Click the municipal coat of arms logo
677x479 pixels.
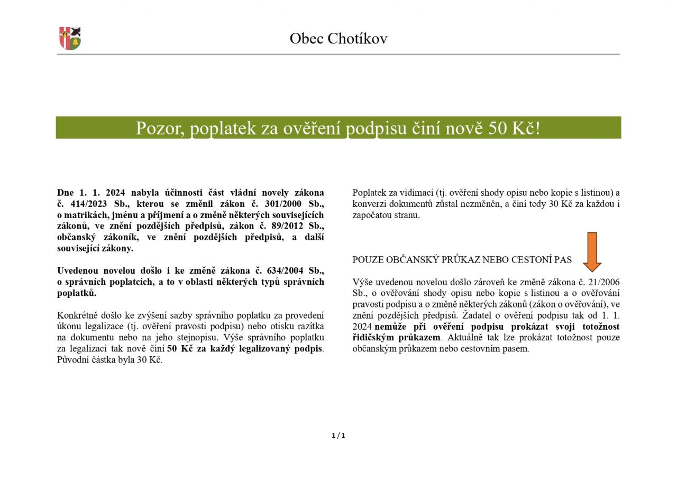coord(70,39)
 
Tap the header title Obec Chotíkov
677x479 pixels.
coord(338,39)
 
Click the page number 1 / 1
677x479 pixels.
coord(338,436)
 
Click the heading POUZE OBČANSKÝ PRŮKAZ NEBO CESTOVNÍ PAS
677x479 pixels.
coord(462,260)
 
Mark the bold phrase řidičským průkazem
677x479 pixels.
coord(396,338)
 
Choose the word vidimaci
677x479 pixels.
coord(416,193)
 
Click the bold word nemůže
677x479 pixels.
coord(392,327)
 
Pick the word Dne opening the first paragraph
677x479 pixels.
coord(65,193)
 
